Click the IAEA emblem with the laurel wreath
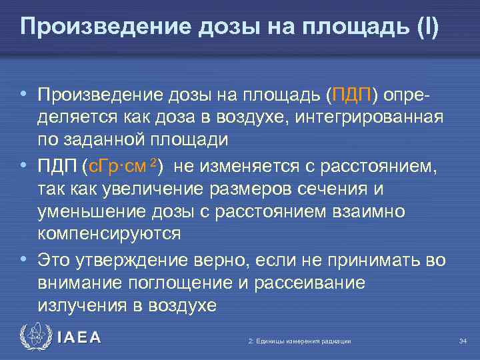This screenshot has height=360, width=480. click(35, 337)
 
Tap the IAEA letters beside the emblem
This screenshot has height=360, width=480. click(79, 338)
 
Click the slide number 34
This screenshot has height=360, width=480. click(463, 341)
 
